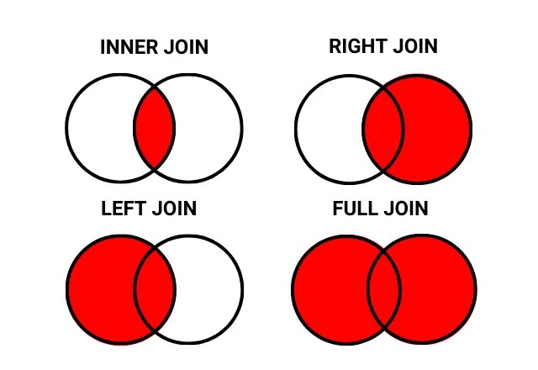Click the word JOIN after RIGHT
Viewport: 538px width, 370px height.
(x=412, y=46)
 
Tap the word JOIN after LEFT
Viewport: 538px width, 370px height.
(x=173, y=209)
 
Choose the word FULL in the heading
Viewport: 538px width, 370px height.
(x=354, y=209)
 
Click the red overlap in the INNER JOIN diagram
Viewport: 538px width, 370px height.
(x=155, y=129)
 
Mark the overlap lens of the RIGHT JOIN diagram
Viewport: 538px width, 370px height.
(x=384, y=129)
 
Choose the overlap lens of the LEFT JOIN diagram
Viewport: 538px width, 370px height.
(x=155, y=288)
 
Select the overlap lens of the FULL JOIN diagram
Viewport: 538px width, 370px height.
(x=384, y=288)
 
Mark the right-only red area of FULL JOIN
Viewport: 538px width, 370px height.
(x=439, y=288)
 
